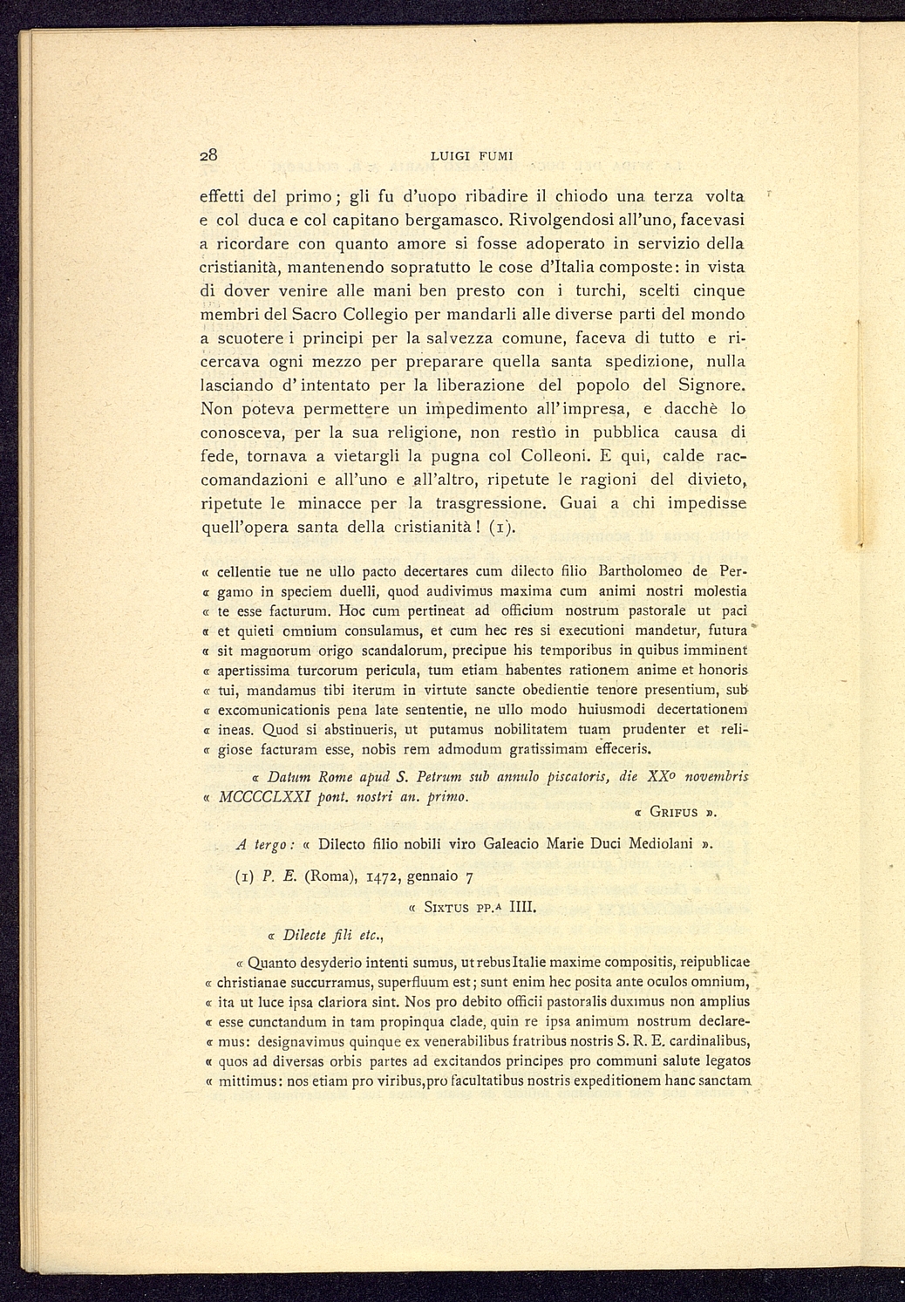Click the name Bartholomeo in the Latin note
[x=636, y=571]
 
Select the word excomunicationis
[x=278, y=709]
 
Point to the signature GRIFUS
[x=676, y=812]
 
